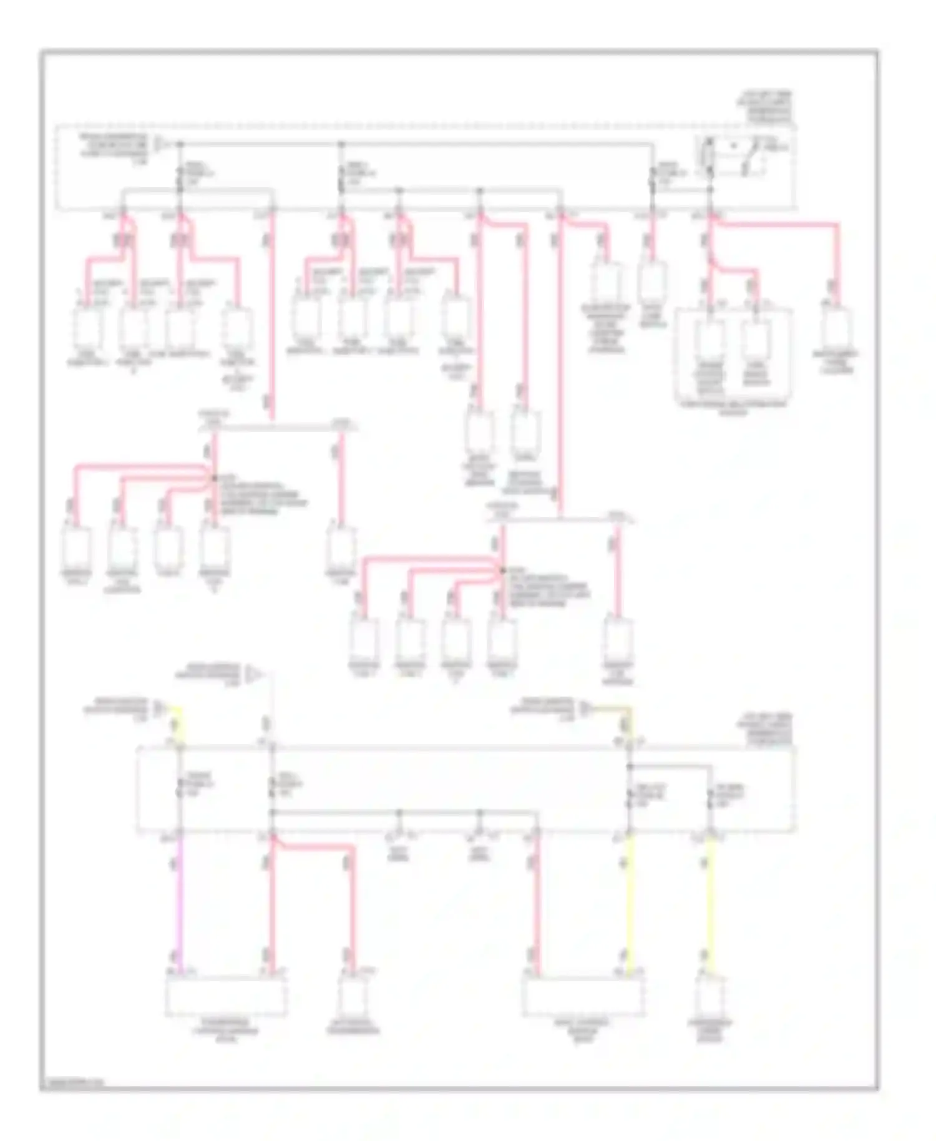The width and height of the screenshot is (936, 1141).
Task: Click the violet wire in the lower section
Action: (x=180, y=905)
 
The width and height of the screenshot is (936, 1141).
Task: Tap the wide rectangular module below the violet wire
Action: (x=226, y=996)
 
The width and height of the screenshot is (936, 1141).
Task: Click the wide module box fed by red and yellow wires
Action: (x=583, y=996)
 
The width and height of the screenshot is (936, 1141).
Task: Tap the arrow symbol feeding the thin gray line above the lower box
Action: (x=254, y=674)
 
